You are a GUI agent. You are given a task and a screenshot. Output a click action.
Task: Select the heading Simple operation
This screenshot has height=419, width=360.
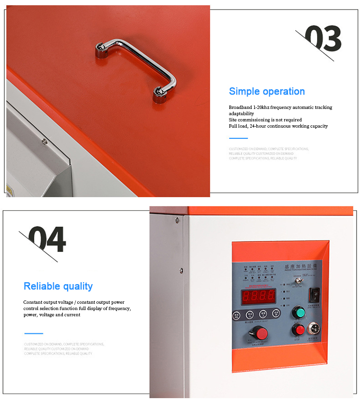coord(266,91)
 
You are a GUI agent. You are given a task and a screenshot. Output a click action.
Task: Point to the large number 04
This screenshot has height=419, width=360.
coord(47,239)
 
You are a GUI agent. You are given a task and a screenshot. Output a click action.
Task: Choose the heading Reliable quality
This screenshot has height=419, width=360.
coord(58,287)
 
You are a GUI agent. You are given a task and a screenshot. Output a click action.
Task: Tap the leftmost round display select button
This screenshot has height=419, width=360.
coord(237,315)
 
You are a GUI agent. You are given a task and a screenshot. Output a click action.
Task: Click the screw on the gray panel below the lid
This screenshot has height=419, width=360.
coord(44,142)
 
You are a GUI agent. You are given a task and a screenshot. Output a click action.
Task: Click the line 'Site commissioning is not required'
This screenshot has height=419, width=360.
coord(265,120)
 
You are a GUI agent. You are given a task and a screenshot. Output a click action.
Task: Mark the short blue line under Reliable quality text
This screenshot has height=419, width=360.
coord(33,333)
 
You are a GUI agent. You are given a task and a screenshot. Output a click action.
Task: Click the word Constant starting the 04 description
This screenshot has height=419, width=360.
coord(34,302)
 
